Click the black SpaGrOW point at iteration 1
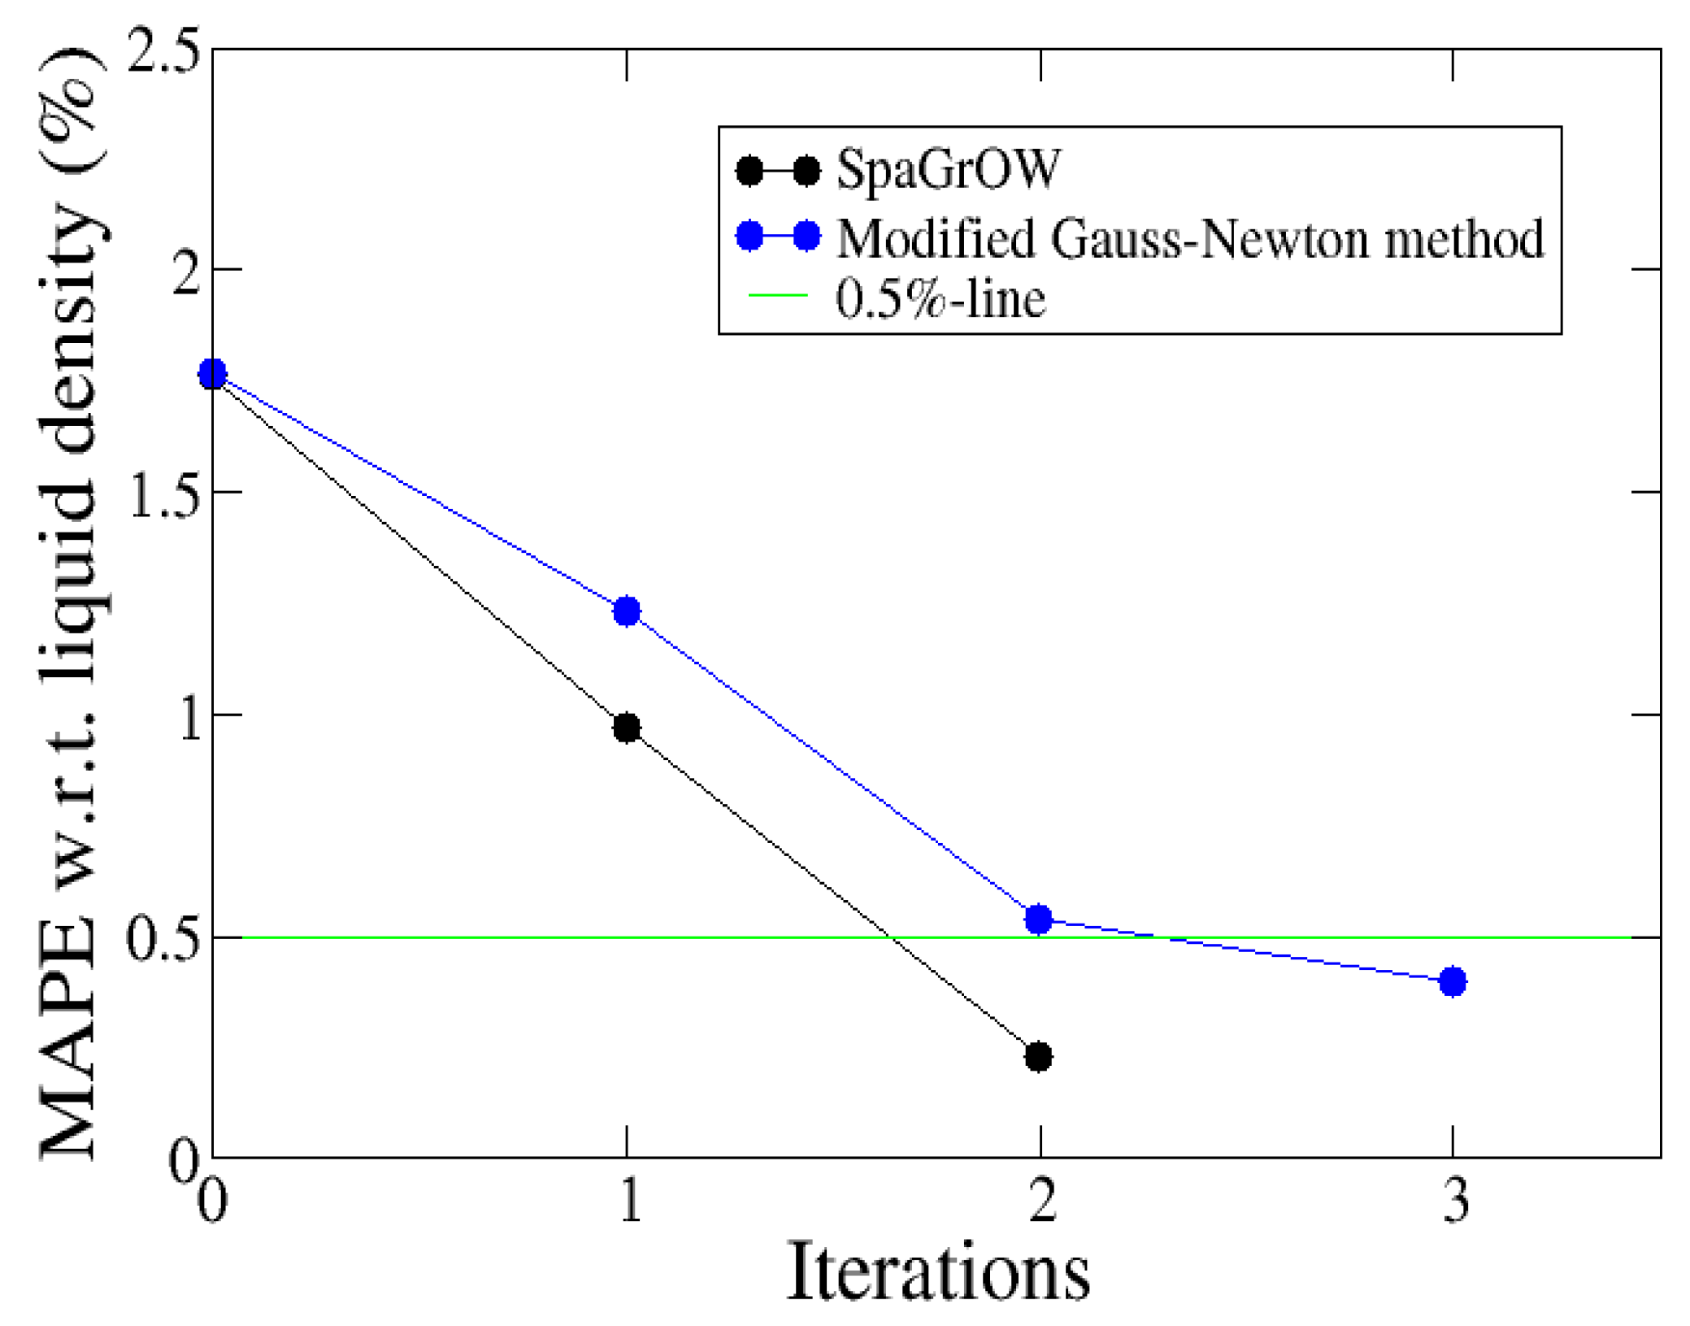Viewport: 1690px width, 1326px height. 626,728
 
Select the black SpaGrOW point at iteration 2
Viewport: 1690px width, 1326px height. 1038,1057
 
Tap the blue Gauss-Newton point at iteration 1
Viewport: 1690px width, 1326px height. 626,611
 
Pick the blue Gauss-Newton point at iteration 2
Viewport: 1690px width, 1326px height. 1038,920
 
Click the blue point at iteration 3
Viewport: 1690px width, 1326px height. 1452,981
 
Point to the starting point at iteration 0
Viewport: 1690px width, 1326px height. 212,374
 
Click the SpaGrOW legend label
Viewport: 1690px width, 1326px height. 948,170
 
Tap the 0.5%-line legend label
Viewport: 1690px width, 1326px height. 940,298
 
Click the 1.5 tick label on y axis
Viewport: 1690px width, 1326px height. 163,493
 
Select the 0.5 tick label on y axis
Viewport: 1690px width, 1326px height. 163,940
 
